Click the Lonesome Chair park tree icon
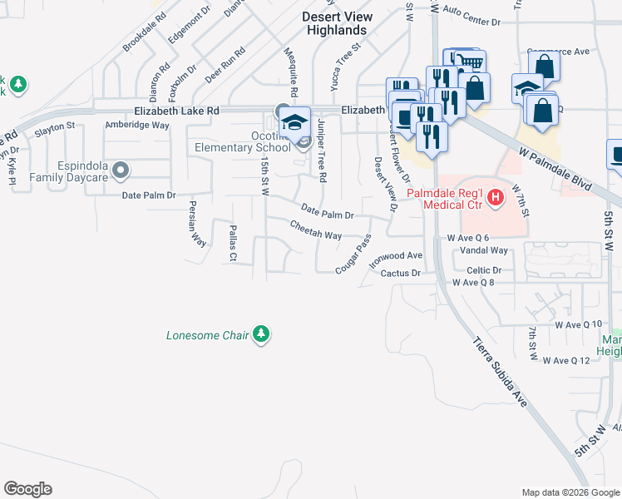(x=262, y=335)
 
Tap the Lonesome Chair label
(x=208, y=336)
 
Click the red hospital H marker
(x=496, y=198)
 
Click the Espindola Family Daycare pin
(x=121, y=171)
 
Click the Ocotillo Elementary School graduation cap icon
(x=294, y=121)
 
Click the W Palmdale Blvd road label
(x=559, y=170)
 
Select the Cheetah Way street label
(x=316, y=230)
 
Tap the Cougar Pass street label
(x=353, y=254)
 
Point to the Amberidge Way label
(x=136, y=125)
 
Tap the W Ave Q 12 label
(x=572, y=360)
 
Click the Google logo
(x=27, y=489)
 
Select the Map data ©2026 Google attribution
(x=570, y=492)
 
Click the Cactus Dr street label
(x=402, y=273)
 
